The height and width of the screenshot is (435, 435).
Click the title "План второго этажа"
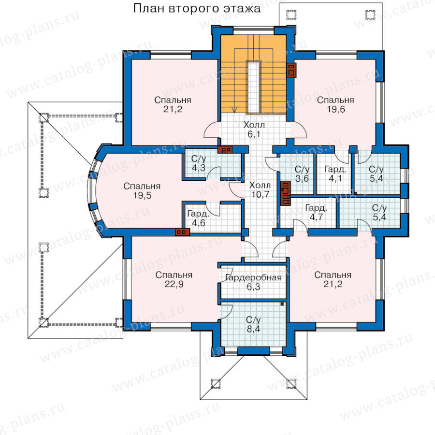(197, 8)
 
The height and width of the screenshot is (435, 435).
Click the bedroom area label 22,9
(174, 284)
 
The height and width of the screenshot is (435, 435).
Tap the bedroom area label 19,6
(336, 109)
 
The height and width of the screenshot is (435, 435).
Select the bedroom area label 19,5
(142, 196)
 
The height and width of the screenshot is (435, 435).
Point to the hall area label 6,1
(254, 134)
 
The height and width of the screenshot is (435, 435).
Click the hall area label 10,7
(260, 194)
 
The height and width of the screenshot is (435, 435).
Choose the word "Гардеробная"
(253, 277)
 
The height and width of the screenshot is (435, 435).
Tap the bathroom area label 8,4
(254, 329)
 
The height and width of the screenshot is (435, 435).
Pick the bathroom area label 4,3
(199, 168)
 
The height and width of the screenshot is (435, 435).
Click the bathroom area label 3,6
(302, 178)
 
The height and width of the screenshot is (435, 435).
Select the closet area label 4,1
(335, 178)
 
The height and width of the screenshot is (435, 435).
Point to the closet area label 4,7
(316, 217)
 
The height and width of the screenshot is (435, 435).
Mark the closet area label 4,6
(199, 223)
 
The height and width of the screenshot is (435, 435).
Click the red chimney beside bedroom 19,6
(291, 70)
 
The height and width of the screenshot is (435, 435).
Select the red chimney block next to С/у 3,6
(286, 193)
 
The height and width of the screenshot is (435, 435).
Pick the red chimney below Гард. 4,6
(182, 232)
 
